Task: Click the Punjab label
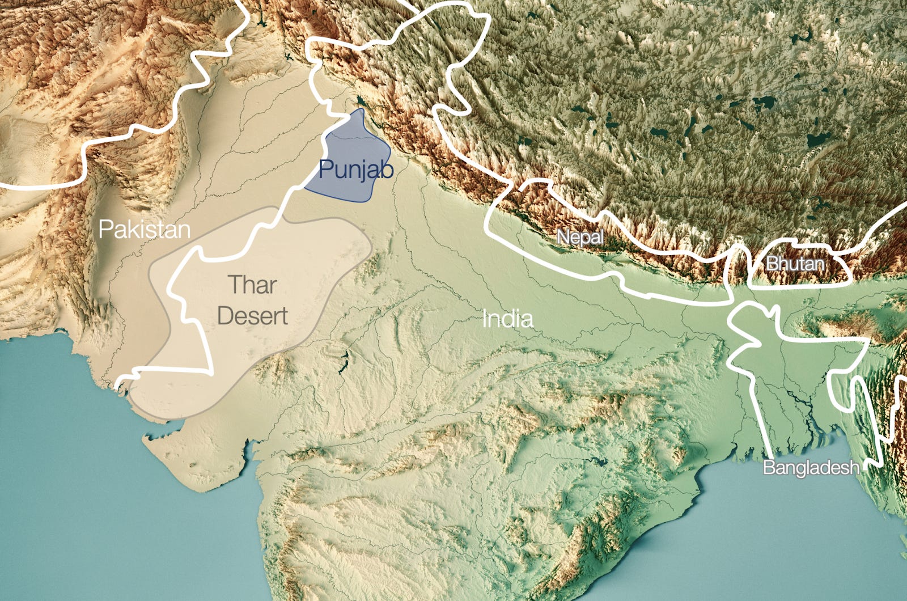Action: (355, 169)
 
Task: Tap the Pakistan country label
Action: (145, 229)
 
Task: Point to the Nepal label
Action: (580, 236)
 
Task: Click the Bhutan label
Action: (795, 264)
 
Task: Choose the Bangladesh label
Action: (811, 468)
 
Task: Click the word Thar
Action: (252, 285)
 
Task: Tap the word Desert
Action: (252, 316)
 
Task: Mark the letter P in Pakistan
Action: (105, 229)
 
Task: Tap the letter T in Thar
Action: (235, 285)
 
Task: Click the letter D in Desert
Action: (225, 316)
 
